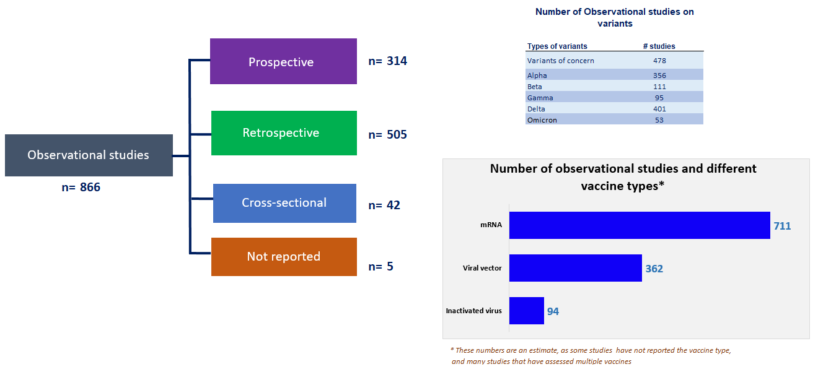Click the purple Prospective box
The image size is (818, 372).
283,61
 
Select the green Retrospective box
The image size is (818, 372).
284,133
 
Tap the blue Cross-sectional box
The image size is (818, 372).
285,203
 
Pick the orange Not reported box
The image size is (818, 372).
284,257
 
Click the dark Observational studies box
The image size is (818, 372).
89,155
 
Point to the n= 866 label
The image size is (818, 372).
81,187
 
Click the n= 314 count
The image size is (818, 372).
387,61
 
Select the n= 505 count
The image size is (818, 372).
387,134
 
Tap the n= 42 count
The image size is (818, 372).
384,205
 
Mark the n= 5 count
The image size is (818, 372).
381,267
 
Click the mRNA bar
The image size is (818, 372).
640,225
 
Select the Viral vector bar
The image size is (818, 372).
576,268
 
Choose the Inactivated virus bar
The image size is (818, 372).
527,311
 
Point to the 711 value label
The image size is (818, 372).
782,226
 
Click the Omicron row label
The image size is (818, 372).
542,120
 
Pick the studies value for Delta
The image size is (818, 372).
659,109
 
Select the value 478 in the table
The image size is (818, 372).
659,61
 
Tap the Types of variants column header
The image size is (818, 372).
557,46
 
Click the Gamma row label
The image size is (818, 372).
540,98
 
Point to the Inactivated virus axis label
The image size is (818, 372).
473,311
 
